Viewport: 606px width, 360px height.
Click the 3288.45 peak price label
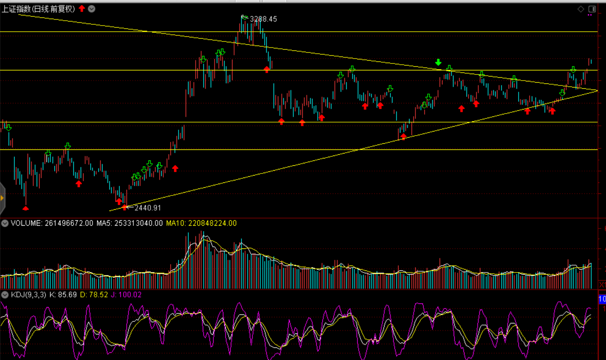pos(263,19)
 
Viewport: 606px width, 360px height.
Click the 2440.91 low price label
pos(148,208)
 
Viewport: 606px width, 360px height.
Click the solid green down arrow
pos(438,62)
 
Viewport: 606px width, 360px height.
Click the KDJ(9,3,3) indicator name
pos(28,294)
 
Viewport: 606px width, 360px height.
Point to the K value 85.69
pos(67,294)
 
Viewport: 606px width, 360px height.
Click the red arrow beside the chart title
pos(82,9)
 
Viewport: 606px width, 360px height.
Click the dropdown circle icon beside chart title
pos(92,9)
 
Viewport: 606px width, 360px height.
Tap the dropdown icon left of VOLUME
pos(5,223)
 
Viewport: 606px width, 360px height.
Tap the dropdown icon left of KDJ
pos(5,294)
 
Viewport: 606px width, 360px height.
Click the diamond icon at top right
pos(581,9)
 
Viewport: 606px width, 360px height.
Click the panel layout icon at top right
pos(592,9)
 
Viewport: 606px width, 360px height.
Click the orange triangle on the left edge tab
pos(2,198)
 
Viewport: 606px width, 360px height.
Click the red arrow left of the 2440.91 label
pos(124,207)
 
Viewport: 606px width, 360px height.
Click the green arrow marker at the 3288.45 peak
pos(244,17)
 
